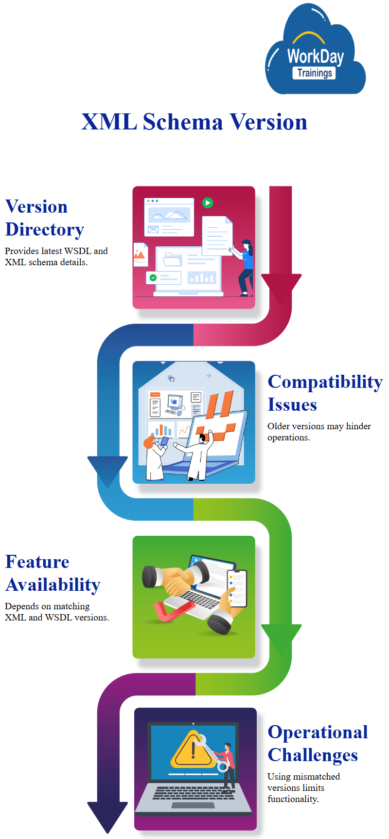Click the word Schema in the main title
[x=183, y=122]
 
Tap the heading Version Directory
[x=45, y=218]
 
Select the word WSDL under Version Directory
[x=78, y=251]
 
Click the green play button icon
[x=208, y=202]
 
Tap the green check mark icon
[x=153, y=277]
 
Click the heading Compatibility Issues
[x=325, y=393]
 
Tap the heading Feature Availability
[x=53, y=573]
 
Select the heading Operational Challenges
[x=318, y=743]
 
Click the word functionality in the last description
[x=292, y=799]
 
